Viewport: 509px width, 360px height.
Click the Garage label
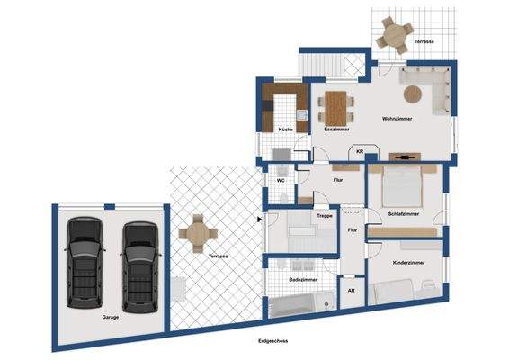(x=110, y=317)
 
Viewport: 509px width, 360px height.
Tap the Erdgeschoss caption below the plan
(x=273, y=341)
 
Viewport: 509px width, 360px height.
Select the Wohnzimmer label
(x=397, y=119)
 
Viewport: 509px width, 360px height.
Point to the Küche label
(x=286, y=130)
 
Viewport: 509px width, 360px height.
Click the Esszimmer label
(x=337, y=129)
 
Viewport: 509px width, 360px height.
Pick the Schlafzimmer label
(x=404, y=214)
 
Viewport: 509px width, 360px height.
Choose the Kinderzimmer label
(x=408, y=263)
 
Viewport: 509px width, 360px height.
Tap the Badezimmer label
(x=303, y=279)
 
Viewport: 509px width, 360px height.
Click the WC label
(x=281, y=180)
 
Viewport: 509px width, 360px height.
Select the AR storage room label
(x=352, y=291)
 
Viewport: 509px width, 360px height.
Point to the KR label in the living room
(x=360, y=151)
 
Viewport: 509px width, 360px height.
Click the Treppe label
(x=325, y=216)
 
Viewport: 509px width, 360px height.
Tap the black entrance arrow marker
(x=259, y=220)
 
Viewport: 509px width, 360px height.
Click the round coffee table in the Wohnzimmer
(x=413, y=94)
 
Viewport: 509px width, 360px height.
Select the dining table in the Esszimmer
(x=336, y=108)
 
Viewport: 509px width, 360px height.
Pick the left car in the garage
(x=85, y=263)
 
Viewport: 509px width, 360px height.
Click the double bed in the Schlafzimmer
(x=403, y=186)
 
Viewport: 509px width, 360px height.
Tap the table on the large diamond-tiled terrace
(x=198, y=233)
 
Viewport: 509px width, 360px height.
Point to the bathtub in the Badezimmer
(x=302, y=304)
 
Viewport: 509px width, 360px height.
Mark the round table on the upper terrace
(x=395, y=35)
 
